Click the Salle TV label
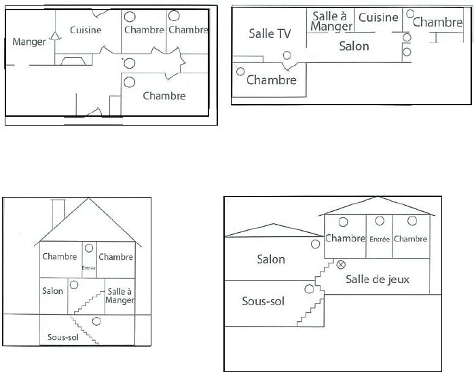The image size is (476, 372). coord(270,33)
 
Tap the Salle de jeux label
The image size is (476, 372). coord(378,279)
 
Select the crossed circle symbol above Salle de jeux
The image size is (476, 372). coord(342,264)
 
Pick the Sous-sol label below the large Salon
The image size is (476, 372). coord(263,300)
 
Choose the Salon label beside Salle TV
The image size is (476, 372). coord(354,46)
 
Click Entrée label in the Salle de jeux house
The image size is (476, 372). coord(379,239)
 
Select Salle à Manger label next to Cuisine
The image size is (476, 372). coord(331,21)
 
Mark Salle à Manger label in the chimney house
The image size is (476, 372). coord(120,295)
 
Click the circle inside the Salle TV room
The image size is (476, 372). coord(287,56)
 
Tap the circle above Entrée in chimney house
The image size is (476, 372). coord(89,248)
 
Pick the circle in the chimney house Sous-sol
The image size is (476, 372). coord(96,320)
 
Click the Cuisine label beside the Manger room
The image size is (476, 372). coord(86,30)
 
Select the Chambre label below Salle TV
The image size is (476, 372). coord(272,80)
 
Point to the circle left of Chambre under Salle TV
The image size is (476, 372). coord(240,71)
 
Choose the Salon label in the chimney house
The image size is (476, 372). coord(52,291)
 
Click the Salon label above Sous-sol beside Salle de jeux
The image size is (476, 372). coord(271,259)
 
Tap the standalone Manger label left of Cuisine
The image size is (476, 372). coord(29,42)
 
